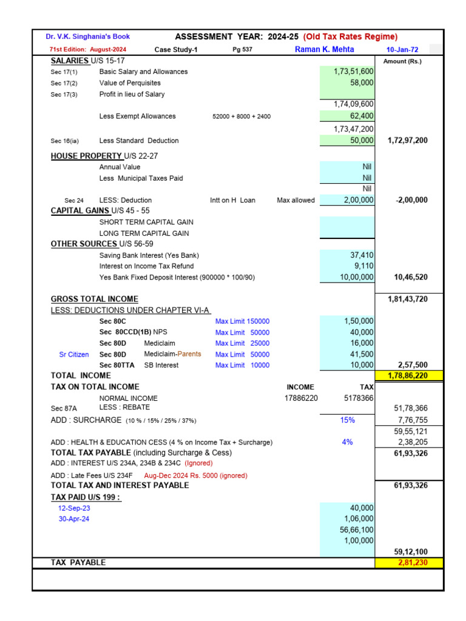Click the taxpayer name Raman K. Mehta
pyautogui.click(x=324, y=50)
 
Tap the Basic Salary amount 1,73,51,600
pyautogui.click(x=353, y=72)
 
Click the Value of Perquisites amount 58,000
pyautogui.click(x=362, y=82)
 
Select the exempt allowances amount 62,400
pyautogui.click(x=362, y=116)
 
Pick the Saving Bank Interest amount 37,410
pyautogui.click(x=362, y=255)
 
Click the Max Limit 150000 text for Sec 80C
pyautogui.click(x=242, y=321)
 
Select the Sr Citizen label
pyautogui.click(x=74, y=354)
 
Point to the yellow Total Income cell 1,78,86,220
pyautogui.click(x=409, y=376)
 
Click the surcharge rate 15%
pyautogui.click(x=347, y=420)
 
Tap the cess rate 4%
pyautogui.click(x=347, y=442)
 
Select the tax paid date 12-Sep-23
pyautogui.click(x=74, y=508)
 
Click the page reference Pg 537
pyautogui.click(x=242, y=50)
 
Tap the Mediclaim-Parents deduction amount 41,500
pyautogui.click(x=362, y=354)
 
